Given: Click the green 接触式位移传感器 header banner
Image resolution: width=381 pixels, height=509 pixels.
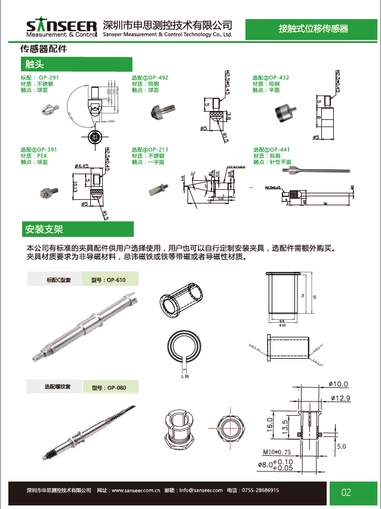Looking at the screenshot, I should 313,28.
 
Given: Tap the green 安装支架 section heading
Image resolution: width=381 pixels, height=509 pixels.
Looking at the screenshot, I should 76,229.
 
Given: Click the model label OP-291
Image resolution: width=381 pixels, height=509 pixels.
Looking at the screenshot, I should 48,78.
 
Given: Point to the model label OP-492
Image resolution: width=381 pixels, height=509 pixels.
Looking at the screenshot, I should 158,78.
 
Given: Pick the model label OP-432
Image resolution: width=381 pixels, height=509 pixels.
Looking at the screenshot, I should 279,78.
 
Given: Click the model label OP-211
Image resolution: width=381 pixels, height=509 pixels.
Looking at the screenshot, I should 158,150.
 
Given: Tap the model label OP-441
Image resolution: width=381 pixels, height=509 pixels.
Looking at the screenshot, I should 279,150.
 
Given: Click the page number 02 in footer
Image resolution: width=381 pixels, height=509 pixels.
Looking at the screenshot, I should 346,493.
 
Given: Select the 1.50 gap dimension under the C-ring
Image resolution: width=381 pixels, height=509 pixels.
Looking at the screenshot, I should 185,377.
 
